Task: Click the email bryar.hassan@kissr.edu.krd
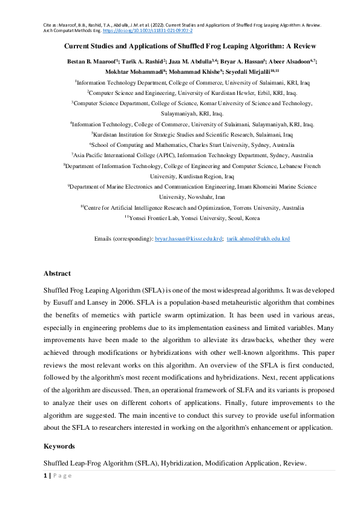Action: tap(189, 239)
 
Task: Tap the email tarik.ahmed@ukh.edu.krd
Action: tap(258, 239)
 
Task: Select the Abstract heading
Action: tap(57, 273)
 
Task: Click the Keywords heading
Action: tap(59, 446)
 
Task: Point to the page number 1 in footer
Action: tap(45, 476)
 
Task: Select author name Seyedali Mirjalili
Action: tap(250, 71)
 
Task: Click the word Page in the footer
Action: tap(62, 476)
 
